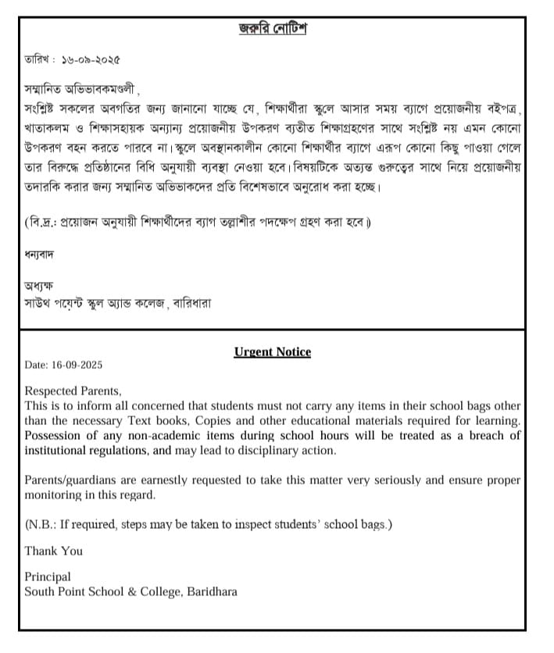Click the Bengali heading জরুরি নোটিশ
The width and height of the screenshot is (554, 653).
tap(273, 29)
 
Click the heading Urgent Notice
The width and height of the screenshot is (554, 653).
tap(273, 352)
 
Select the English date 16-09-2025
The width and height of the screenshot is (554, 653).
tap(76, 365)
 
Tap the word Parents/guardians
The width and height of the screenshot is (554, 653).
tap(76, 480)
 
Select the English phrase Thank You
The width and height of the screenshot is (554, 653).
tap(53, 551)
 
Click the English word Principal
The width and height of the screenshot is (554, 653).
tap(48, 577)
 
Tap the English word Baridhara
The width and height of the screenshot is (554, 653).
tap(212, 592)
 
